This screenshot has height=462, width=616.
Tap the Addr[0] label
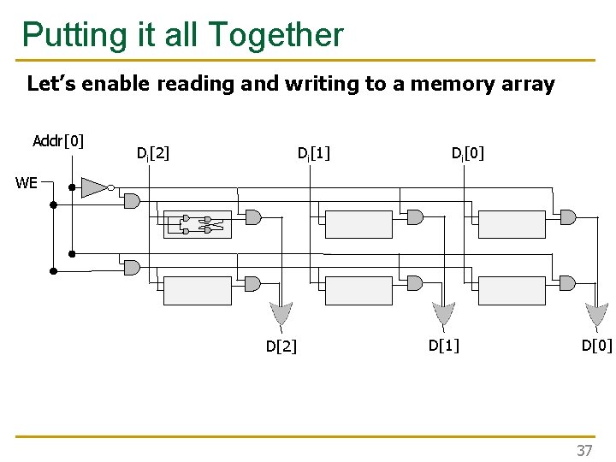(x=57, y=140)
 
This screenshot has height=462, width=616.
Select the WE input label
(x=26, y=182)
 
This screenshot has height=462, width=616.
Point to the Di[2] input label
(x=153, y=154)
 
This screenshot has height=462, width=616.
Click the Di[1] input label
(x=314, y=154)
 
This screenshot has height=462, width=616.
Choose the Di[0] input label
(x=468, y=154)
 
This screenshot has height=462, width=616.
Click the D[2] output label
(x=281, y=346)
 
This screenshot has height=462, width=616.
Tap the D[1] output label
(x=443, y=345)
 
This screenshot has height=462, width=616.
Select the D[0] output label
(x=596, y=345)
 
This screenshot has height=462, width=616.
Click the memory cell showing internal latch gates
(x=198, y=224)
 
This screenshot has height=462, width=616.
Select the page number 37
(x=584, y=450)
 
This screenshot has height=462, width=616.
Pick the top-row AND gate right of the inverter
(x=132, y=201)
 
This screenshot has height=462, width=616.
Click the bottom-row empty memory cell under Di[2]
(x=197, y=290)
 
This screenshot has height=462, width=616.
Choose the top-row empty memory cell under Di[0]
(x=511, y=224)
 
